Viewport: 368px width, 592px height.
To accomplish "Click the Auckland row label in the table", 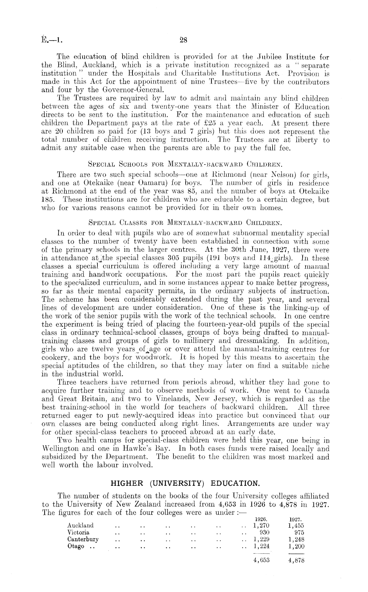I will click(x=80, y=525).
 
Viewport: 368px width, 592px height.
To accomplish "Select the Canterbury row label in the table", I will click(x=83, y=539).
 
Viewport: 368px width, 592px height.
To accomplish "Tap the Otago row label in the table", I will click(x=76, y=546).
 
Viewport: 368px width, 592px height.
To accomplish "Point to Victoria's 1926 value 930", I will click(x=265, y=533).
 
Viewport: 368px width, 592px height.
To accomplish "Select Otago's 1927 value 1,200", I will click(x=296, y=546).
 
